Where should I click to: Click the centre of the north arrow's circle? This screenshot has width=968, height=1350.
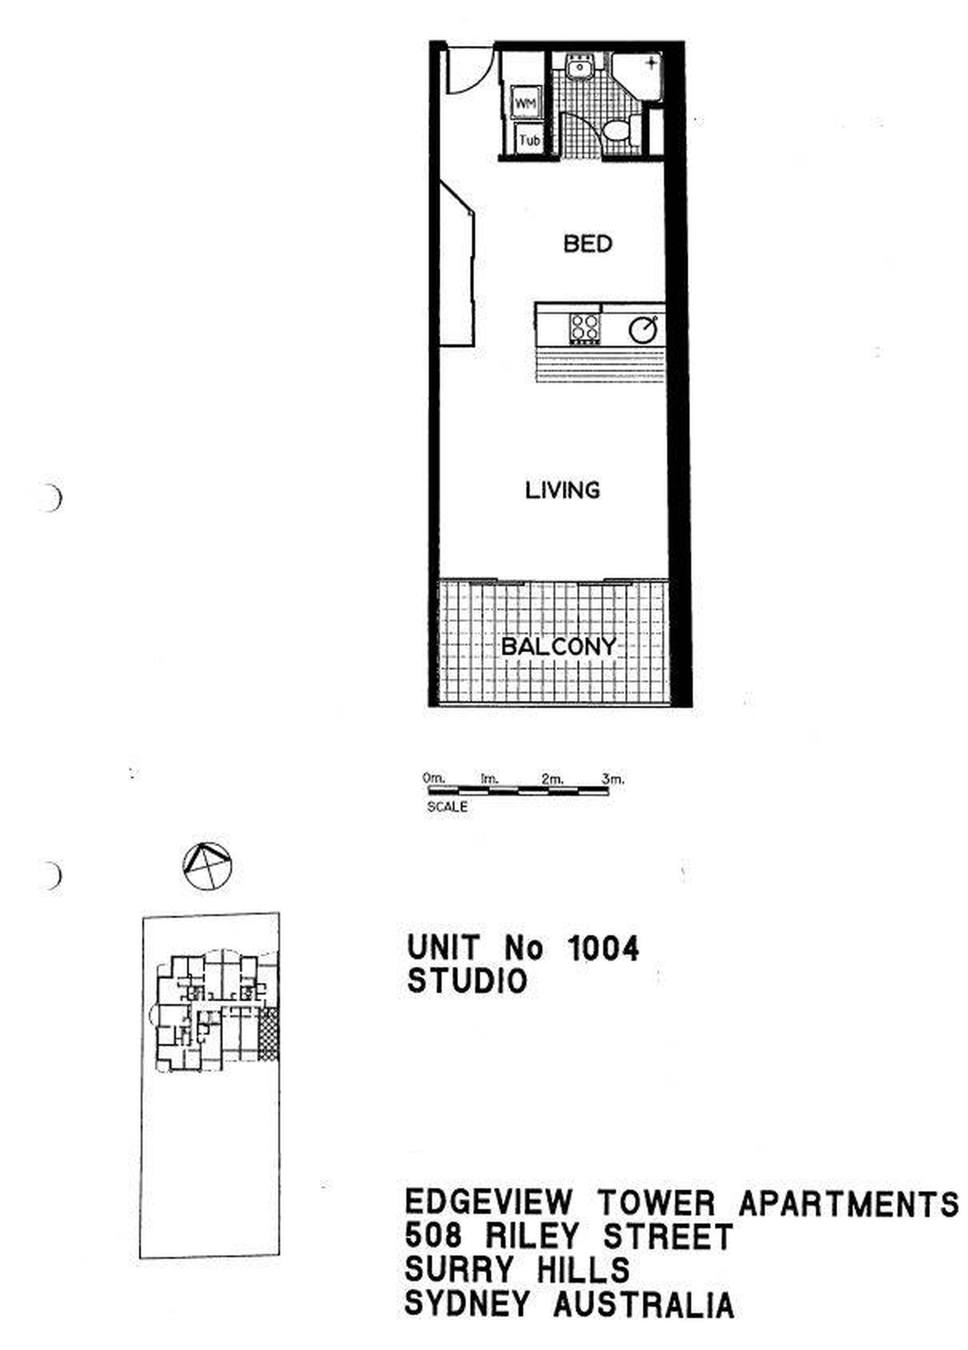[207, 867]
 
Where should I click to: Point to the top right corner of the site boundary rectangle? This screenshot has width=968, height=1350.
[279, 913]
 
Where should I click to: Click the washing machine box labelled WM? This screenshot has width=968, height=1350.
[525, 103]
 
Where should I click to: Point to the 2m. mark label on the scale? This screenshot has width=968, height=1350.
[552, 779]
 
